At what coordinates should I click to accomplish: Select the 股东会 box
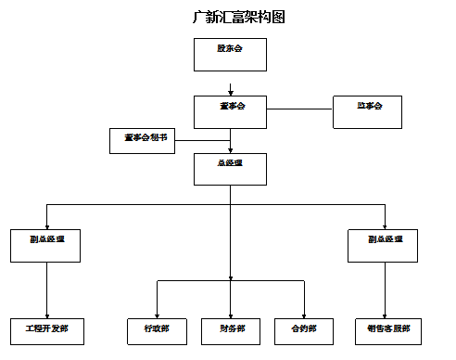(230, 55)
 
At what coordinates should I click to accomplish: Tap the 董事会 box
(230, 111)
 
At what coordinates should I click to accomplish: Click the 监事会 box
(369, 111)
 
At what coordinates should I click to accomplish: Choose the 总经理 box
(230, 169)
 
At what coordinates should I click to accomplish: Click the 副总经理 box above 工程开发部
(46, 245)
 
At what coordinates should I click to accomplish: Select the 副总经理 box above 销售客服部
(384, 245)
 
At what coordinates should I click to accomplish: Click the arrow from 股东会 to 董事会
(230, 88)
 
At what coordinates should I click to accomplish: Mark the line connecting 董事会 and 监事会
(299, 109)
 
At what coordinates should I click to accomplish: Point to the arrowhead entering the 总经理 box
(230, 150)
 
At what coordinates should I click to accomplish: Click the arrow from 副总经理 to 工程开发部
(46, 289)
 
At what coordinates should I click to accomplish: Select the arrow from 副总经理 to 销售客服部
(384, 289)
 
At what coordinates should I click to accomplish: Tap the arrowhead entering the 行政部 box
(157, 315)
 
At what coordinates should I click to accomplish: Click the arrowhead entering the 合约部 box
(304, 315)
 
